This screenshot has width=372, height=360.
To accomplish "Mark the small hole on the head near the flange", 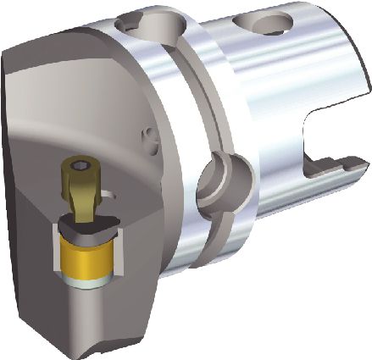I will tap(146, 135).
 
